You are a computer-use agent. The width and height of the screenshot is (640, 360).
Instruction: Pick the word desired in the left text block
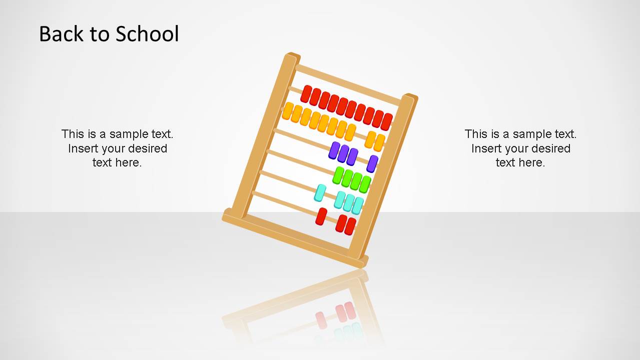(x=148, y=148)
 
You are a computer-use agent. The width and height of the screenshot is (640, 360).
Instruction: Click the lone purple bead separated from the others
(x=372, y=163)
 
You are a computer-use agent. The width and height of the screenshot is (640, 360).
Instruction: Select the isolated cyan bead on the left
(x=320, y=192)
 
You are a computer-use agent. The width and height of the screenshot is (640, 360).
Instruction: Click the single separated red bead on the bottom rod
(x=321, y=216)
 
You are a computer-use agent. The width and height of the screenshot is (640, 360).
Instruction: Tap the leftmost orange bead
(x=288, y=111)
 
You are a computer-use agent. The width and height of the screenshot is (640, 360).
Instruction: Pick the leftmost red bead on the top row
(x=306, y=93)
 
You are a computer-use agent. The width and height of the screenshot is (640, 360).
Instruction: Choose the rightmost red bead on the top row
(x=386, y=121)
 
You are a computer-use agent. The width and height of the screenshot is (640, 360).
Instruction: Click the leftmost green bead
(x=338, y=175)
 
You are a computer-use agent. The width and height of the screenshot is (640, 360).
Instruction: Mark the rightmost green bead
(x=365, y=184)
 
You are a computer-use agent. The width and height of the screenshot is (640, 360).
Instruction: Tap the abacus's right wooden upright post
(x=383, y=175)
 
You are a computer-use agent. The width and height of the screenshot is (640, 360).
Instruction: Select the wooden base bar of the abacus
(x=295, y=239)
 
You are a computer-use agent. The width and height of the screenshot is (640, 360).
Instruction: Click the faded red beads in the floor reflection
(x=345, y=312)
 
